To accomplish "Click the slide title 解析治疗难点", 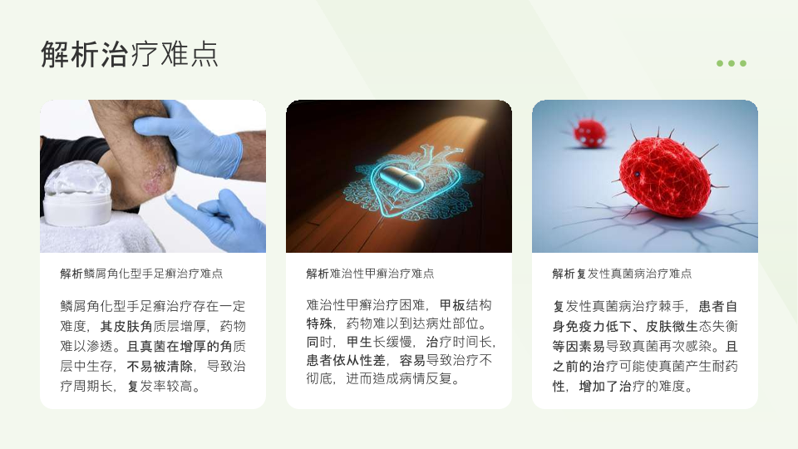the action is pos(130,54).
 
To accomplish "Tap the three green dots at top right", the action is pos(731,63).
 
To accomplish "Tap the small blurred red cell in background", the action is pos(590,131).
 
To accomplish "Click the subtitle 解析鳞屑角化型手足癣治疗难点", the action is pos(141,274).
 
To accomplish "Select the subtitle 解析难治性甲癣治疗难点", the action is pos(370,274).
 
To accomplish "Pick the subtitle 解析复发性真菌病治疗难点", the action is pos(622,274).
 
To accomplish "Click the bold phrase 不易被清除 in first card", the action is pos(160,366).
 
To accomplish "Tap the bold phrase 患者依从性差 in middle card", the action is pos(346,360).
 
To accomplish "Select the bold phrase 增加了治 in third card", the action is pos(605,387).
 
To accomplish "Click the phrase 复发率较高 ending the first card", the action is pos(160,387).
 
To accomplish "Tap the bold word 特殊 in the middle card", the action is pos(319,323).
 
